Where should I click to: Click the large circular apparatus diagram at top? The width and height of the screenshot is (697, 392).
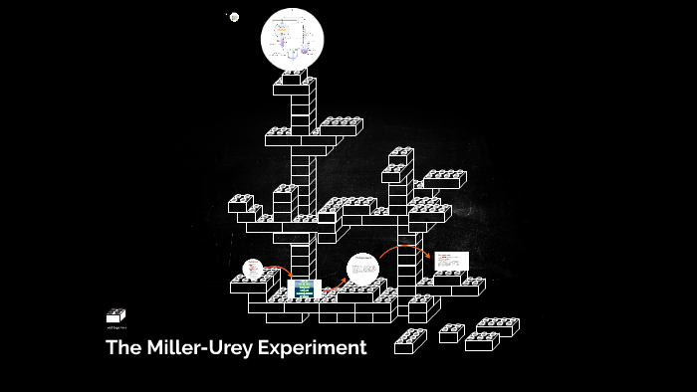[x=292, y=40]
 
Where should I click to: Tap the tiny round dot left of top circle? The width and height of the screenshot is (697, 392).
[x=234, y=17]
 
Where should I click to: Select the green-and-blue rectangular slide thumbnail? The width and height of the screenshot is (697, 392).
[x=304, y=289]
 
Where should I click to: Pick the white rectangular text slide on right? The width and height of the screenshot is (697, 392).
[x=450, y=262]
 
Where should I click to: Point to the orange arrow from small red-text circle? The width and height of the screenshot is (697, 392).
[x=279, y=271]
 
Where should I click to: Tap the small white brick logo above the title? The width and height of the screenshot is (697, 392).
[x=116, y=315]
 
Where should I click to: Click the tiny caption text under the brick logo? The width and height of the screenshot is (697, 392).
[x=116, y=327]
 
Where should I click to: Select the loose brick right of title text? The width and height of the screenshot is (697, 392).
[x=410, y=341]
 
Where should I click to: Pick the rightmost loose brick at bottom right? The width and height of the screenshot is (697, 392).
[x=498, y=326]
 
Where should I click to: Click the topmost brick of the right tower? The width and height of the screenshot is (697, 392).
[x=401, y=155]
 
